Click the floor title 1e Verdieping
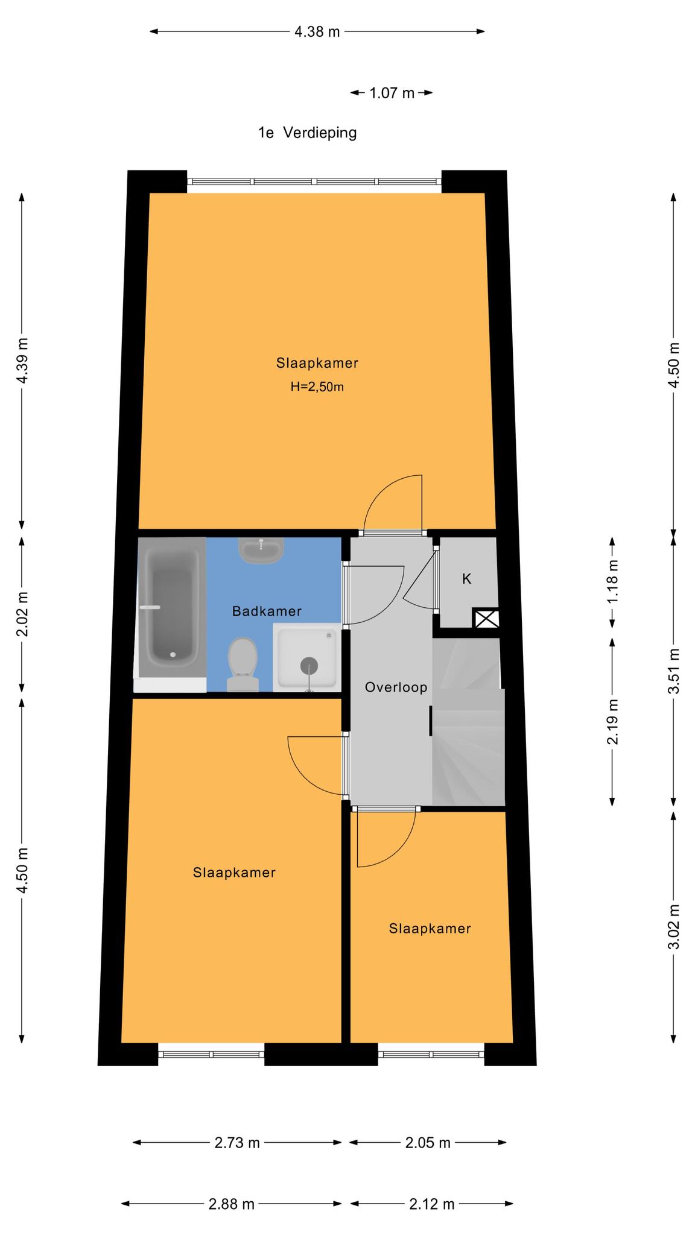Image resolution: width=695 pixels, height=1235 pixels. click(x=308, y=133)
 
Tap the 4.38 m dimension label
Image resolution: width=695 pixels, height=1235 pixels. click(x=317, y=31)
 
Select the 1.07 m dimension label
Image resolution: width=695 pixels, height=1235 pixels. click(x=392, y=93)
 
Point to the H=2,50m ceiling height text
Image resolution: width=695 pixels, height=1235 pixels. click(x=317, y=387)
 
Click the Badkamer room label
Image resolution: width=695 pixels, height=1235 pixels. click(x=267, y=611)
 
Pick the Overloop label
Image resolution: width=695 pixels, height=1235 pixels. click(x=396, y=687)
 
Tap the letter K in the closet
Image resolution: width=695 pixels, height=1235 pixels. click(x=466, y=579)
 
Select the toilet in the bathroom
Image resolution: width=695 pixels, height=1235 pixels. click(x=243, y=665)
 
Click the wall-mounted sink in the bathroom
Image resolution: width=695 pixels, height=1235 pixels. click(x=261, y=550)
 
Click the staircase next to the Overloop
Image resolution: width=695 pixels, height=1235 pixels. click(x=468, y=722)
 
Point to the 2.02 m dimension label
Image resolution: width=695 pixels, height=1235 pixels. click(x=22, y=614)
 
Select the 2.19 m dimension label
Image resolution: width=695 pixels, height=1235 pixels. click(x=613, y=721)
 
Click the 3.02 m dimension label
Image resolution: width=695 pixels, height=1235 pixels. click(x=674, y=927)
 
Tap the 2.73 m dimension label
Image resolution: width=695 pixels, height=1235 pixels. click(x=237, y=1143)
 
